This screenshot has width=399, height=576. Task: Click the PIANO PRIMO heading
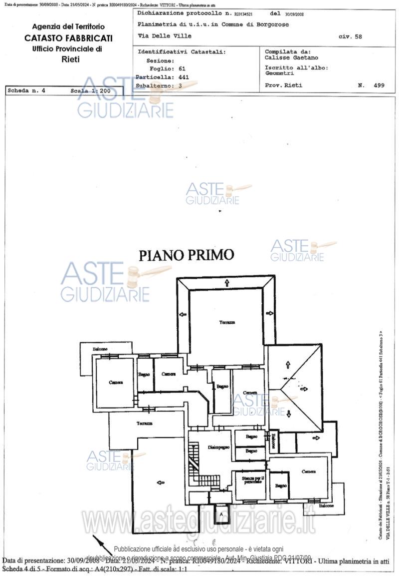186,255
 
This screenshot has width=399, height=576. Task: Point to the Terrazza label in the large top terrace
227,323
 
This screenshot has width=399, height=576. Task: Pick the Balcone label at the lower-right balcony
327,506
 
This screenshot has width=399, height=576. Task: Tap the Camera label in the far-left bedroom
116,382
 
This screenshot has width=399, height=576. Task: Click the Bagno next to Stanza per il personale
280,486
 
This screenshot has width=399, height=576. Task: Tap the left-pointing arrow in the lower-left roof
161,482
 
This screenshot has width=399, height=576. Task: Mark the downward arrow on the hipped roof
289,413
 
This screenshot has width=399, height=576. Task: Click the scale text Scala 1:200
90,91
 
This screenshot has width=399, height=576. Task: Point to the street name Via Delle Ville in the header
164,36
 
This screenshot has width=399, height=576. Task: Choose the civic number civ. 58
350,36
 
